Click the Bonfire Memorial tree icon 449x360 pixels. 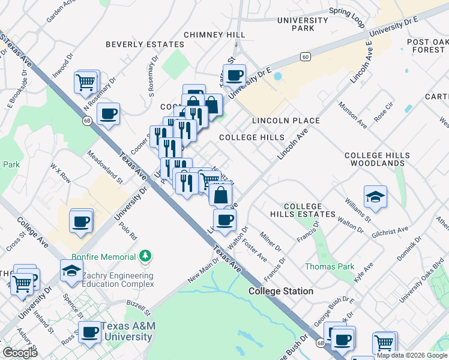click(x=145, y=256)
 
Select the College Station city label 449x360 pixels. click(x=281, y=291)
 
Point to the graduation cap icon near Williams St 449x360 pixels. click(x=375, y=196)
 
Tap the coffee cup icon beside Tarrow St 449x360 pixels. click(x=234, y=75)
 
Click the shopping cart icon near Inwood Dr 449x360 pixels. click(x=86, y=82)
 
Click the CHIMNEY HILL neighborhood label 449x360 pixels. click(x=214, y=35)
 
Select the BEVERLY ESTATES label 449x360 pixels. click(x=145, y=44)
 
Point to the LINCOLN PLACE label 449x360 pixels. click(x=285, y=121)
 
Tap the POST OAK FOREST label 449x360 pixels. click(x=427, y=46)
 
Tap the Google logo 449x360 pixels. click(x=20, y=352)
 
